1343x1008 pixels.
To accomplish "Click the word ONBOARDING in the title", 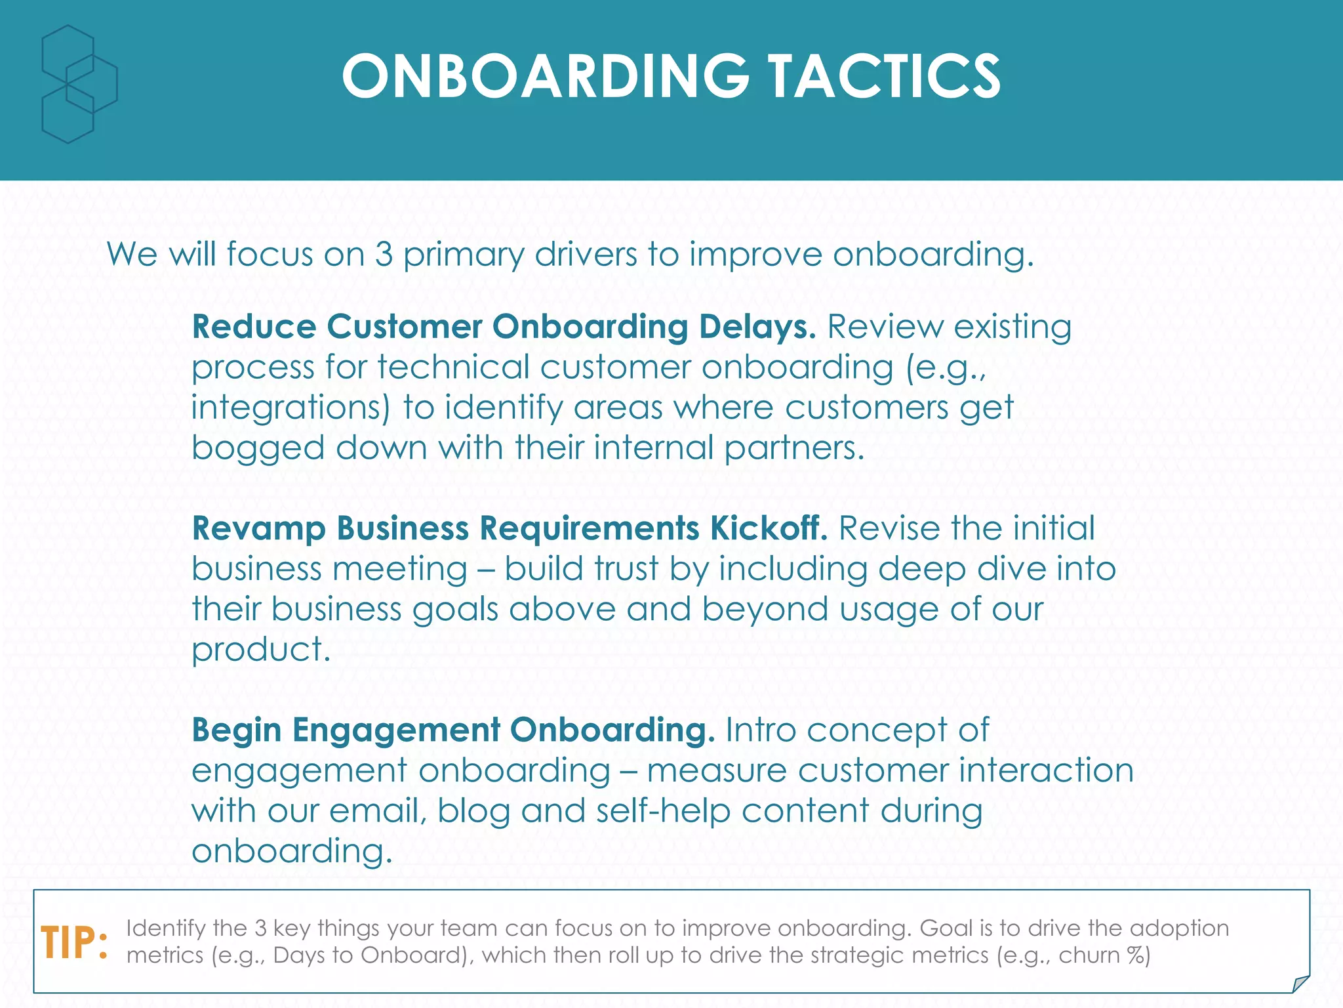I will [x=545, y=77].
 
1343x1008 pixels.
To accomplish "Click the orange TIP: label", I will [x=74, y=944].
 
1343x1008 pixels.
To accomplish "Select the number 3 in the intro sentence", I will [x=384, y=255].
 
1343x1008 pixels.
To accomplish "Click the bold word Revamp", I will [x=258, y=528].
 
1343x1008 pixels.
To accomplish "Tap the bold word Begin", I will [x=236, y=730].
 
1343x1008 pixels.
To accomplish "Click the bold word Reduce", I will [x=254, y=327].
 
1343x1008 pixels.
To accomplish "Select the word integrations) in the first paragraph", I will [x=291, y=408].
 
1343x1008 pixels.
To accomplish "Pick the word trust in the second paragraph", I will [x=625, y=568].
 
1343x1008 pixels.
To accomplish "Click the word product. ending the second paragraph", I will [x=261, y=650].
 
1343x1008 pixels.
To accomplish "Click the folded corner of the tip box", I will [x=1300, y=984].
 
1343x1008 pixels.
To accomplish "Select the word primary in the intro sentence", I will [x=463, y=255].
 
